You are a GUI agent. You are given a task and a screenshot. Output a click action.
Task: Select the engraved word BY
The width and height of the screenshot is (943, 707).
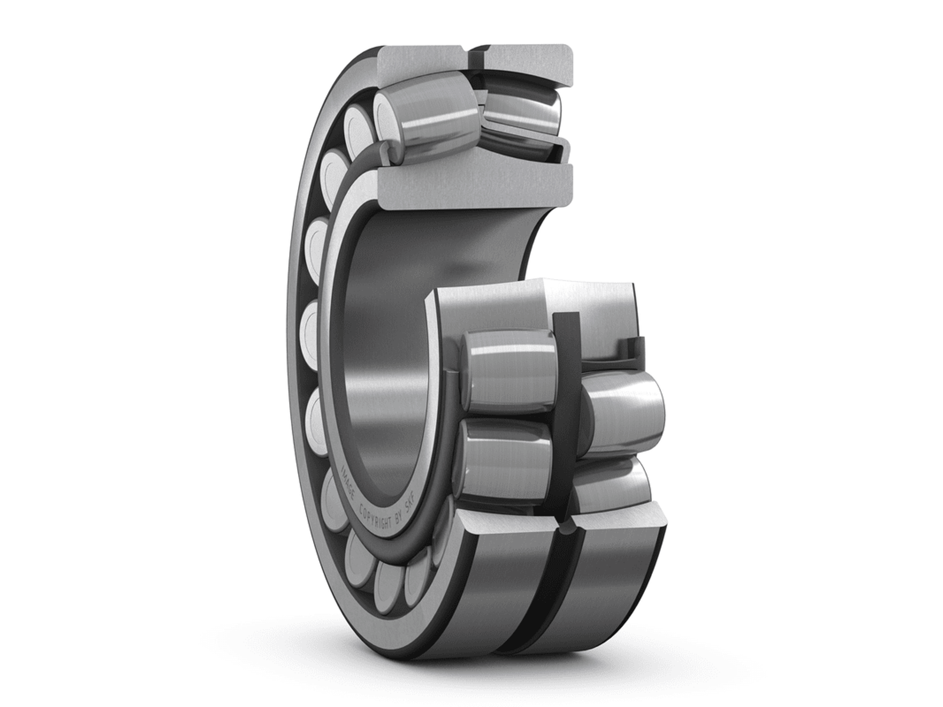pos(398,523)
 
